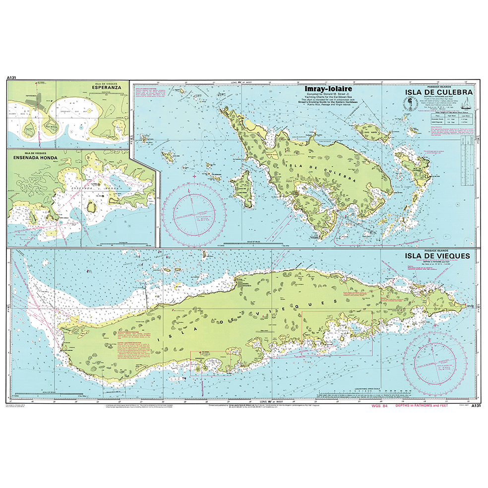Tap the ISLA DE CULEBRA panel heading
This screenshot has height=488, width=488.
(x=438, y=92)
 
